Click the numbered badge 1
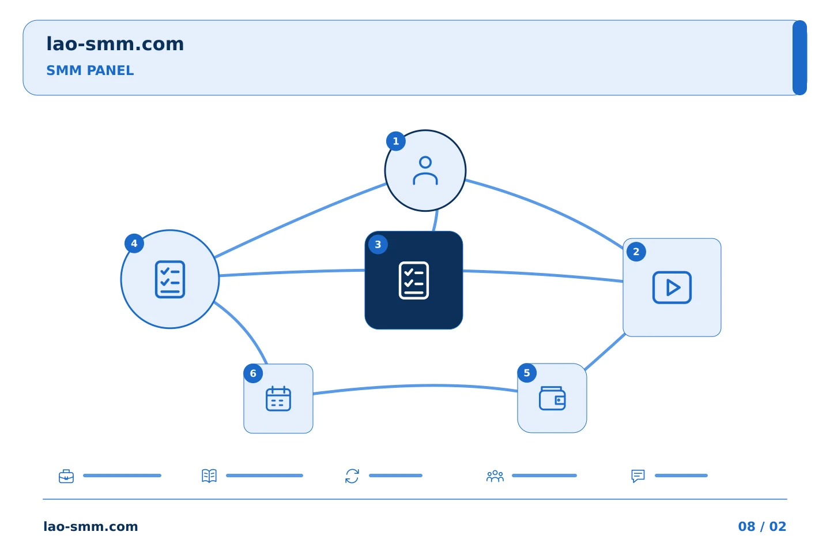coord(396,141)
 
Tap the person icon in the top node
coord(425,170)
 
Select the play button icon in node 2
coord(672,287)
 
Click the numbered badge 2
coord(636,252)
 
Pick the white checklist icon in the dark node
coord(413,280)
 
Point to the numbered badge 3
coord(378,245)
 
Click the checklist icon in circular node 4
coord(170,279)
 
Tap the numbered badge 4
coord(134,244)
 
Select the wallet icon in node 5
coord(552,398)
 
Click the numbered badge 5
coord(527,373)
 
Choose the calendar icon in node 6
coord(278,399)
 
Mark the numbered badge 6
coord(253,373)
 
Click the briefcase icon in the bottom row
coord(66,476)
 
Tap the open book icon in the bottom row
coord(209,476)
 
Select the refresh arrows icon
coord(352,476)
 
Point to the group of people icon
coord(495,476)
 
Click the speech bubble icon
coord(638,476)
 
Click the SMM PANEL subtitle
coord(90,70)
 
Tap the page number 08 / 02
coord(762,526)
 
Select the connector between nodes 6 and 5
coord(415,386)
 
